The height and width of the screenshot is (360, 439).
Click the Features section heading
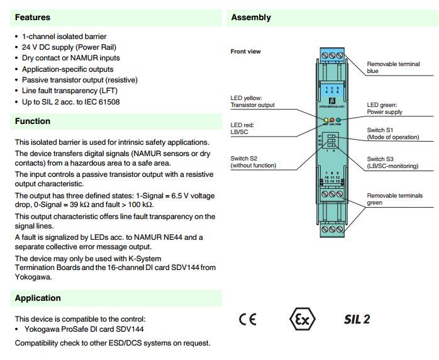pyautogui.click(x=33, y=17)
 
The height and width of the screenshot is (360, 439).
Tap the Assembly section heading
pyautogui.click(x=251, y=17)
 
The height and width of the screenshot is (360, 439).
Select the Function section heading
pyautogui.click(x=33, y=121)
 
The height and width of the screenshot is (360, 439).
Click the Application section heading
pyautogui.click(x=38, y=298)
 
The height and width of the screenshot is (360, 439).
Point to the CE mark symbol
pyautogui.click(x=247, y=318)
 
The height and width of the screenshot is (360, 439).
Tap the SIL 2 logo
pyautogui.click(x=356, y=318)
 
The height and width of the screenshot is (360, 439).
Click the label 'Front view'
pyautogui.click(x=245, y=52)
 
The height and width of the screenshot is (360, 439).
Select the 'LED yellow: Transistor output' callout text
pyautogui.click(x=252, y=102)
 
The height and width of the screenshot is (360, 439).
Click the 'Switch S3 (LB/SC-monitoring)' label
pyautogui.click(x=392, y=162)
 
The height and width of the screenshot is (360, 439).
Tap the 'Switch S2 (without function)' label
pyautogui.click(x=253, y=162)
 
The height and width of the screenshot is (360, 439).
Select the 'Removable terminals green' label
pyautogui.click(x=395, y=199)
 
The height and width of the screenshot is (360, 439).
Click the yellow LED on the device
pyautogui.click(x=325, y=119)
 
